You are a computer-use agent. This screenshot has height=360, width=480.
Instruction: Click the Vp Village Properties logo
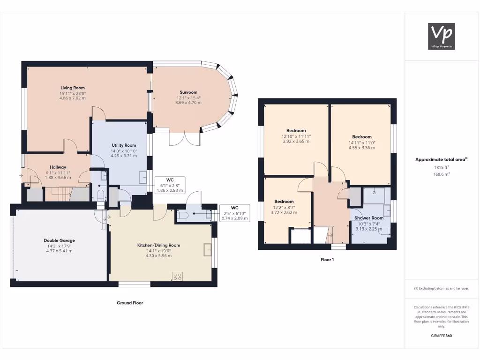tap(442, 36)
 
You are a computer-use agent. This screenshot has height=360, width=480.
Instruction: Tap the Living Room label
tap(72, 88)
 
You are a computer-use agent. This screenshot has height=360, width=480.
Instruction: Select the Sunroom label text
tap(188, 92)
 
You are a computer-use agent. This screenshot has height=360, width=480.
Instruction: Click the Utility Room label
tap(124, 145)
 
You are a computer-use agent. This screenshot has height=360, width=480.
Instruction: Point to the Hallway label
tap(58, 167)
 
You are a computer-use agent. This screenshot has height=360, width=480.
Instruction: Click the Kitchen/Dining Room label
tap(158, 245)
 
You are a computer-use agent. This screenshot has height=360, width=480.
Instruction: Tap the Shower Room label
tap(369, 218)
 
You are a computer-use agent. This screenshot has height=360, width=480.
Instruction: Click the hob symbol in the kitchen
tap(178, 277)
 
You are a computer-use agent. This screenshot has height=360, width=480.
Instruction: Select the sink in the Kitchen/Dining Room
tap(207, 250)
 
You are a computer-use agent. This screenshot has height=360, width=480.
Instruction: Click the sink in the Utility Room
tap(143, 177)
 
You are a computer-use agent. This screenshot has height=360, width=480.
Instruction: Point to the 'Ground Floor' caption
tap(130, 303)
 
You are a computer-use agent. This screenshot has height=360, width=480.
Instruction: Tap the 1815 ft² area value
tap(441, 167)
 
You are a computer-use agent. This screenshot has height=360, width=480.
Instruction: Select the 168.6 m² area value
tap(441, 174)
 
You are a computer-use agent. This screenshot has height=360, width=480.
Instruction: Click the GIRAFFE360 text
tap(441, 336)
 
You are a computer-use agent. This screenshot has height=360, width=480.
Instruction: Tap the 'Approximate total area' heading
tap(441, 159)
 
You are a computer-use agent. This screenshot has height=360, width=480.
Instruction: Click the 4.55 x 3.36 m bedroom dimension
tap(362, 148)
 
